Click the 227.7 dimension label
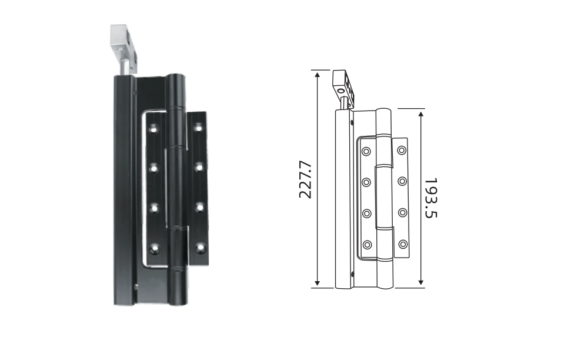[305, 179]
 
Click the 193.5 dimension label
[430, 198]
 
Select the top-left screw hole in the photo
[153, 128]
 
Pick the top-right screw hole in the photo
[199, 128]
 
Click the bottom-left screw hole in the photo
[155, 249]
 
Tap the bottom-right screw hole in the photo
[201, 246]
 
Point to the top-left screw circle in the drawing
[366, 152]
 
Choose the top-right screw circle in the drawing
[402, 150]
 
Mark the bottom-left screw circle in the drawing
[367, 245]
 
